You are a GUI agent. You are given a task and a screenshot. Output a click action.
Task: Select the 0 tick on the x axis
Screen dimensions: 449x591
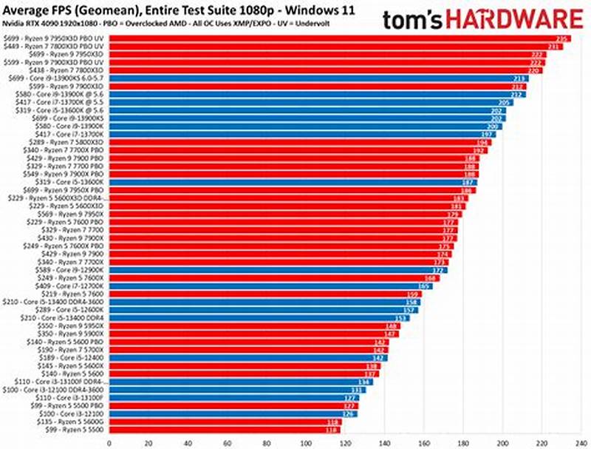(x=109, y=442)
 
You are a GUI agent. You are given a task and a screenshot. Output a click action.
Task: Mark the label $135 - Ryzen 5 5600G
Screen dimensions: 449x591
(x=73, y=422)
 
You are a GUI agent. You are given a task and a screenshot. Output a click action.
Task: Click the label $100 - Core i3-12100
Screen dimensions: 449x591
(x=74, y=413)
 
